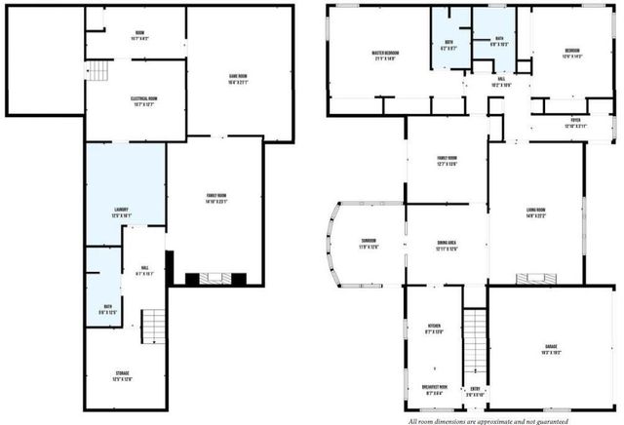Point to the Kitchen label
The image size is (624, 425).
pos(434,329)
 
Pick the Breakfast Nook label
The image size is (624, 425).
pos(434,389)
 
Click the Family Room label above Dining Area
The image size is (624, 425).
pos(447,161)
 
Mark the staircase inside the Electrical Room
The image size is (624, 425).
pos(97,70)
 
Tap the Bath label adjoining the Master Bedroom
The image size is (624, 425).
pos(448,43)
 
